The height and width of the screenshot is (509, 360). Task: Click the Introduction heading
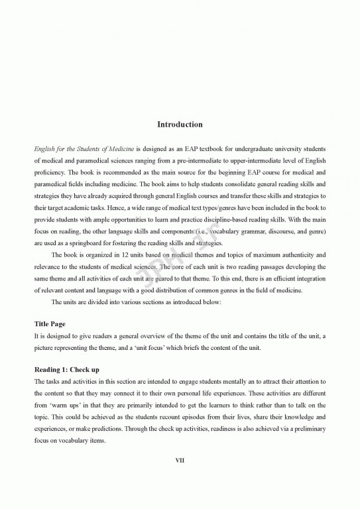pos(180,125)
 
